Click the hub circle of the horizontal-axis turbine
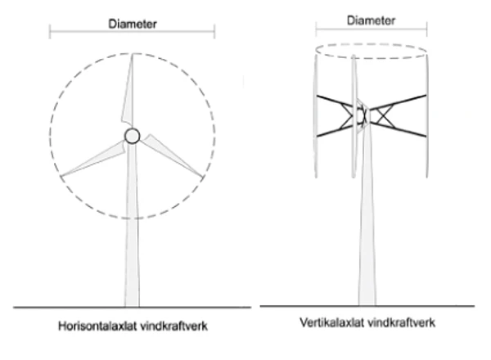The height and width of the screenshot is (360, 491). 133,136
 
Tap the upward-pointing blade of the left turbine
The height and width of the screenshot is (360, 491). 130,90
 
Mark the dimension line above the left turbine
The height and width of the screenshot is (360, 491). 82,34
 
